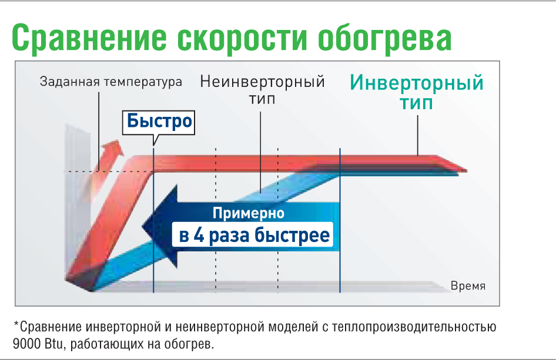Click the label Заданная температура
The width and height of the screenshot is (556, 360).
(111, 82)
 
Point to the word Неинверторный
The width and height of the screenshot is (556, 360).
(262, 81)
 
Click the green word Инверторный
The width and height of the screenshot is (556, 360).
(417, 82)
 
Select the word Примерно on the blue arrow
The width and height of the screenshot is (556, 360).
(249, 213)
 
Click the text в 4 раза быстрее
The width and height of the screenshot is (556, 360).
(254, 236)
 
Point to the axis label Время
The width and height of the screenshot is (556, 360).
(468, 286)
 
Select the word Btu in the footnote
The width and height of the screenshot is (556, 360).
(56, 343)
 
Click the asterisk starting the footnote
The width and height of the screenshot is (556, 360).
(16, 325)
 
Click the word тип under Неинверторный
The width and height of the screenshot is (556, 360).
(262, 99)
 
